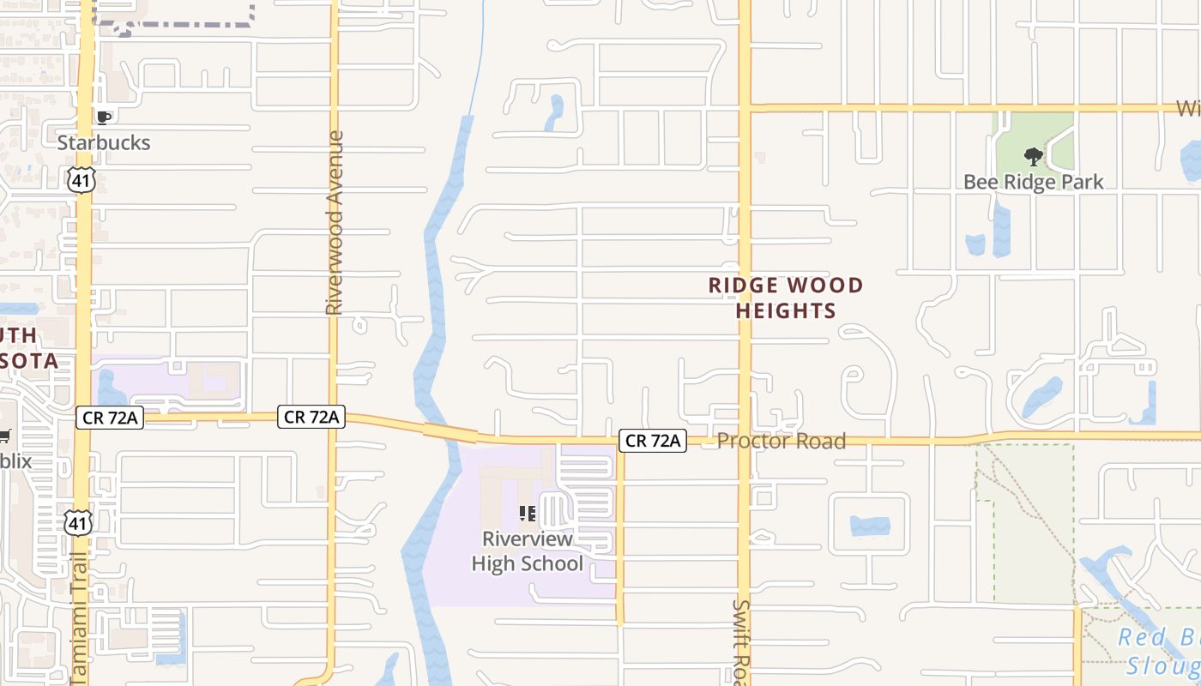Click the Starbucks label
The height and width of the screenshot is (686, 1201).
(x=104, y=142)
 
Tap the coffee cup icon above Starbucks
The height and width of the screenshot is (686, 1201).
(x=104, y=117)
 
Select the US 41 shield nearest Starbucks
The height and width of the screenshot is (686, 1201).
(x=81, y=179)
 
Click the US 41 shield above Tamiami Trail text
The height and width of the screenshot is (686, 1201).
(x=77, y=522)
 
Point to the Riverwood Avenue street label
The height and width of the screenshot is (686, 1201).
(x=335, y=222)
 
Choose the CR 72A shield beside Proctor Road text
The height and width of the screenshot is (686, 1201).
(x=653, y=441)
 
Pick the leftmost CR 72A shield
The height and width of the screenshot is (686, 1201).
(x=109, y=418)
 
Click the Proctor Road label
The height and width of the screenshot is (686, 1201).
(x=781, y=441)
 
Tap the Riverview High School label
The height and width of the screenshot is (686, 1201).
(x=527, y=551)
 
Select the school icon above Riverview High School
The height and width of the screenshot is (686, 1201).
(x=528, y=514)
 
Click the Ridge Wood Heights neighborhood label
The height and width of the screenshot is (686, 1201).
(x=786, y=298)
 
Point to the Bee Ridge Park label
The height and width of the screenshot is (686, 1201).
(x=1033, y=182)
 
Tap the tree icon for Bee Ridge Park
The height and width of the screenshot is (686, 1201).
(x=1034, y=157)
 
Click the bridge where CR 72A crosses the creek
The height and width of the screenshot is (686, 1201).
(x=450, y=431)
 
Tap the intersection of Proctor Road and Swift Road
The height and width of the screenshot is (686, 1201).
(x=745, y=441)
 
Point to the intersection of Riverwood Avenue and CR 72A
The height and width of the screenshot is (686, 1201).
(x=334, y=418)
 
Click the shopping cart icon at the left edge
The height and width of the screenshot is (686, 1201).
(x=5, y=436)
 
